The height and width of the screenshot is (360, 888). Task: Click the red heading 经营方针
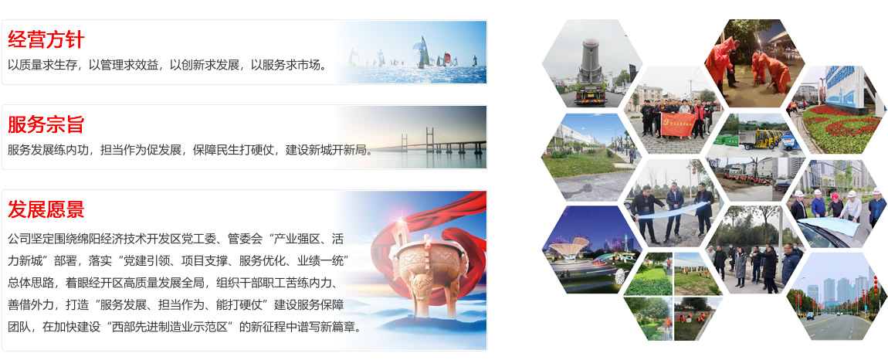pyautogui.click(x=46, y=39)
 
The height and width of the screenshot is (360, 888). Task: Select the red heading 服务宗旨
pyautogui.click(x=46, y=124)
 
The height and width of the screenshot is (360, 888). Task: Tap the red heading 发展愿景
pyautogui.click(x=46, y=209)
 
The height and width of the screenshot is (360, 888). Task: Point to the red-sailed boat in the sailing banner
pyautogui.click(x=446, y=59)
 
